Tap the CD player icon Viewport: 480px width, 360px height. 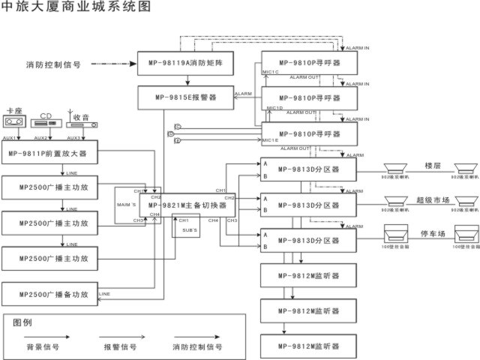click(47, 125)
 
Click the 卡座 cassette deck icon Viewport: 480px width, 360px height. click(14, 121)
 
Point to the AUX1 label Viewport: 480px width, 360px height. click(10, 138)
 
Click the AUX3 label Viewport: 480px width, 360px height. click(74, 138)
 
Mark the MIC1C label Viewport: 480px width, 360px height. click(271, 73)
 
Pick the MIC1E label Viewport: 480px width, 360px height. click(270, 140)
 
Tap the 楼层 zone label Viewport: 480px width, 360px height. click(433, 164)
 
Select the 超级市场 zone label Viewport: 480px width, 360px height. click(433, 199)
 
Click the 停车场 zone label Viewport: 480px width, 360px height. click(433, 235)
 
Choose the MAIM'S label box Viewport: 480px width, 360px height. click(125, 205)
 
